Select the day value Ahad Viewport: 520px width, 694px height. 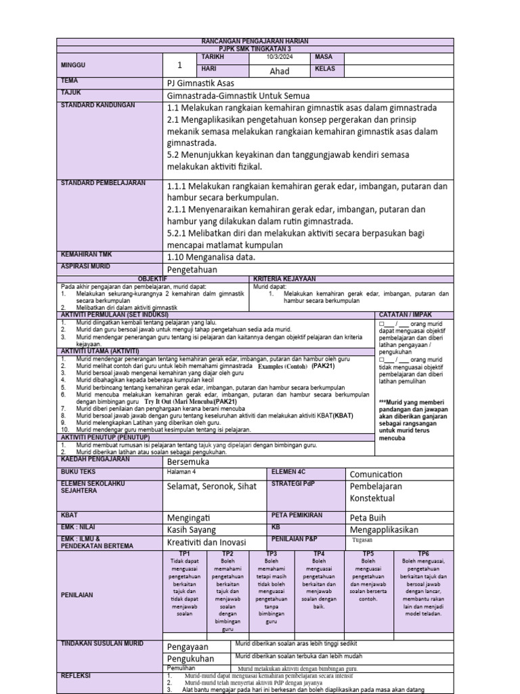280,71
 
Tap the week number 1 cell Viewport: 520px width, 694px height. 180,66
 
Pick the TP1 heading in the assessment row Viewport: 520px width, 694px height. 184,554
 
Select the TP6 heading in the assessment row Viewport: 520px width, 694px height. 423,554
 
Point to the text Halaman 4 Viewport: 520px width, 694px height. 181,472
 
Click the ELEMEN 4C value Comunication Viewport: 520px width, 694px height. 376,474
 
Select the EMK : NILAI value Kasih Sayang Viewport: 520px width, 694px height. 192,529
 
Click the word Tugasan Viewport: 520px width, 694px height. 363,541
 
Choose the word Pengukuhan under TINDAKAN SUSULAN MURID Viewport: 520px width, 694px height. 190,658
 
